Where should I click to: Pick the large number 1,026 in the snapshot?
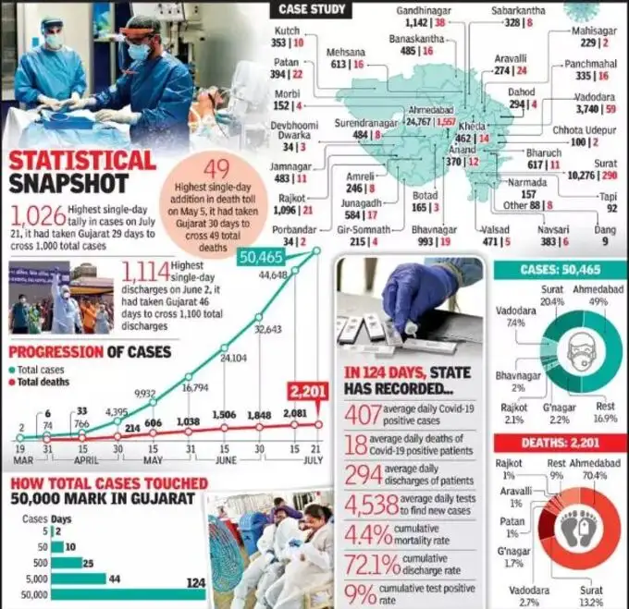[x=38, y=216]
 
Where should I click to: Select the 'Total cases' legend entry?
[x=39, y=369]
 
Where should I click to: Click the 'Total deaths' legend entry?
[x=42, y=381]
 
